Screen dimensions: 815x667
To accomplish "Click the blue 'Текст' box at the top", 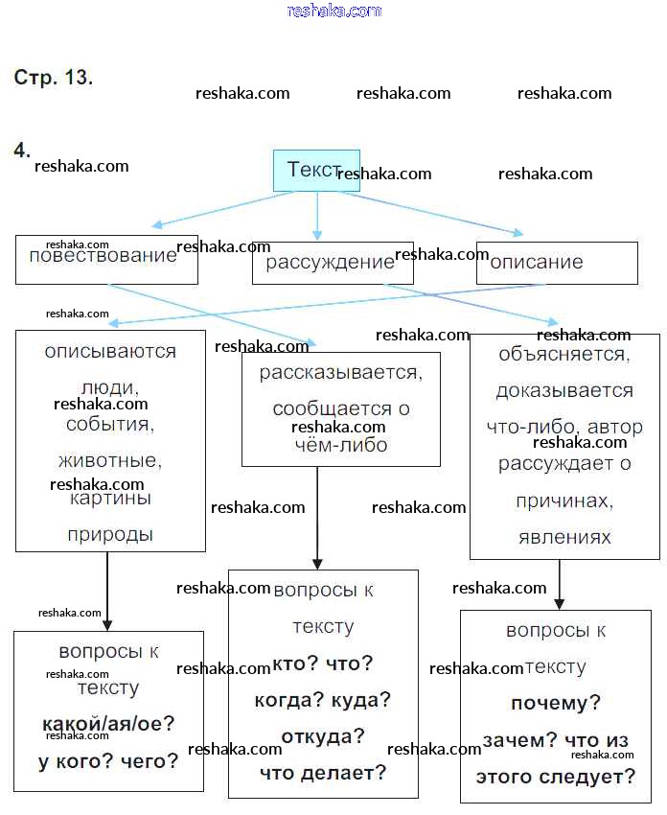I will pos(315,170).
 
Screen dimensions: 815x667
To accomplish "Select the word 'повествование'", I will pos(103,255).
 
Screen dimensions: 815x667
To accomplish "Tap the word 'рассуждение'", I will pos(330,262).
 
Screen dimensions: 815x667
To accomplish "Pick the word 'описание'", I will pos(537,262).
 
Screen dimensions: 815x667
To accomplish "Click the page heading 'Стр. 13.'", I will pos(54,78).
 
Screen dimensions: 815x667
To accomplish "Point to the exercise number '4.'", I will pos(22,151).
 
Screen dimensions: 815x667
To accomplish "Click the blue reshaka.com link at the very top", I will pos(333,11).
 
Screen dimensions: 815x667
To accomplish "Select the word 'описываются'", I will pos(110,351).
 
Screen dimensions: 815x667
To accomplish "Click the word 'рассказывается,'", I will pos(340,372).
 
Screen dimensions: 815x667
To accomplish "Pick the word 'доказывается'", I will pos(564,390).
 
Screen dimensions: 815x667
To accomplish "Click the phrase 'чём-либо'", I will pos(340,445).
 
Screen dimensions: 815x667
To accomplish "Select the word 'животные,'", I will pos(110,461).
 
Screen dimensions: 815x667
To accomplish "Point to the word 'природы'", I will pos(110,535).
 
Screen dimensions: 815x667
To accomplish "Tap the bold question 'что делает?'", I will pos(323,772).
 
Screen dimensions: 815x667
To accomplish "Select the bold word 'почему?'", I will pos(556,703).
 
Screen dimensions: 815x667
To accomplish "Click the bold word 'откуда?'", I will pos(323,736).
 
